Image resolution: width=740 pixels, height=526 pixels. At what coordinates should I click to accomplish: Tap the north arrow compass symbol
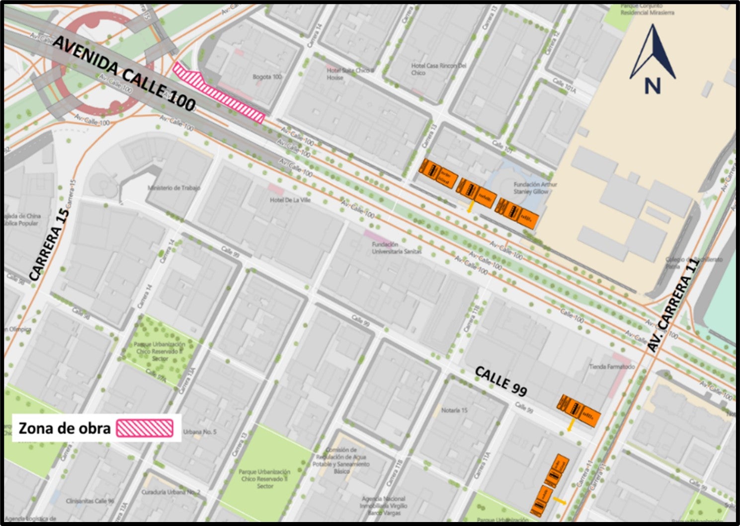click(653, 60)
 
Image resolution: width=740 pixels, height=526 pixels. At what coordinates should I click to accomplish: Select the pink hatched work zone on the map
click(219, 92)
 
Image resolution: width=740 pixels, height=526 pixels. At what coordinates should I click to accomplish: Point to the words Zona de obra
click(64, 428)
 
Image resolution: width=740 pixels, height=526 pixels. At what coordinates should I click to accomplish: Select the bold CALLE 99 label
click(500, 381)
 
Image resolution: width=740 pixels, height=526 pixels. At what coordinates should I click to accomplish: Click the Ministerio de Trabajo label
click(174, 188)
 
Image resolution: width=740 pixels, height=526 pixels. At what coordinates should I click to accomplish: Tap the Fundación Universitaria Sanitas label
click(396, 248)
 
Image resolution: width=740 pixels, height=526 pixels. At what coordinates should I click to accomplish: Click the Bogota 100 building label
click(267, 76)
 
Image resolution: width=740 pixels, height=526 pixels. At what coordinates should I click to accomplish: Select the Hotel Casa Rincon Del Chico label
click(438, 69)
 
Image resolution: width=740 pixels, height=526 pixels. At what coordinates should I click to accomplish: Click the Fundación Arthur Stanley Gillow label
click(535, 188)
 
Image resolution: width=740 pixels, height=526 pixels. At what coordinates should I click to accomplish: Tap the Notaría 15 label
click(454, 410)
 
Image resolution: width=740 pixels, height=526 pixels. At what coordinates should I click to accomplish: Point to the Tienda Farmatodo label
click(612, 367)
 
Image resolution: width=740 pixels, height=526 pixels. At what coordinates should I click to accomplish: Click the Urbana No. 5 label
click(200, 432)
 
